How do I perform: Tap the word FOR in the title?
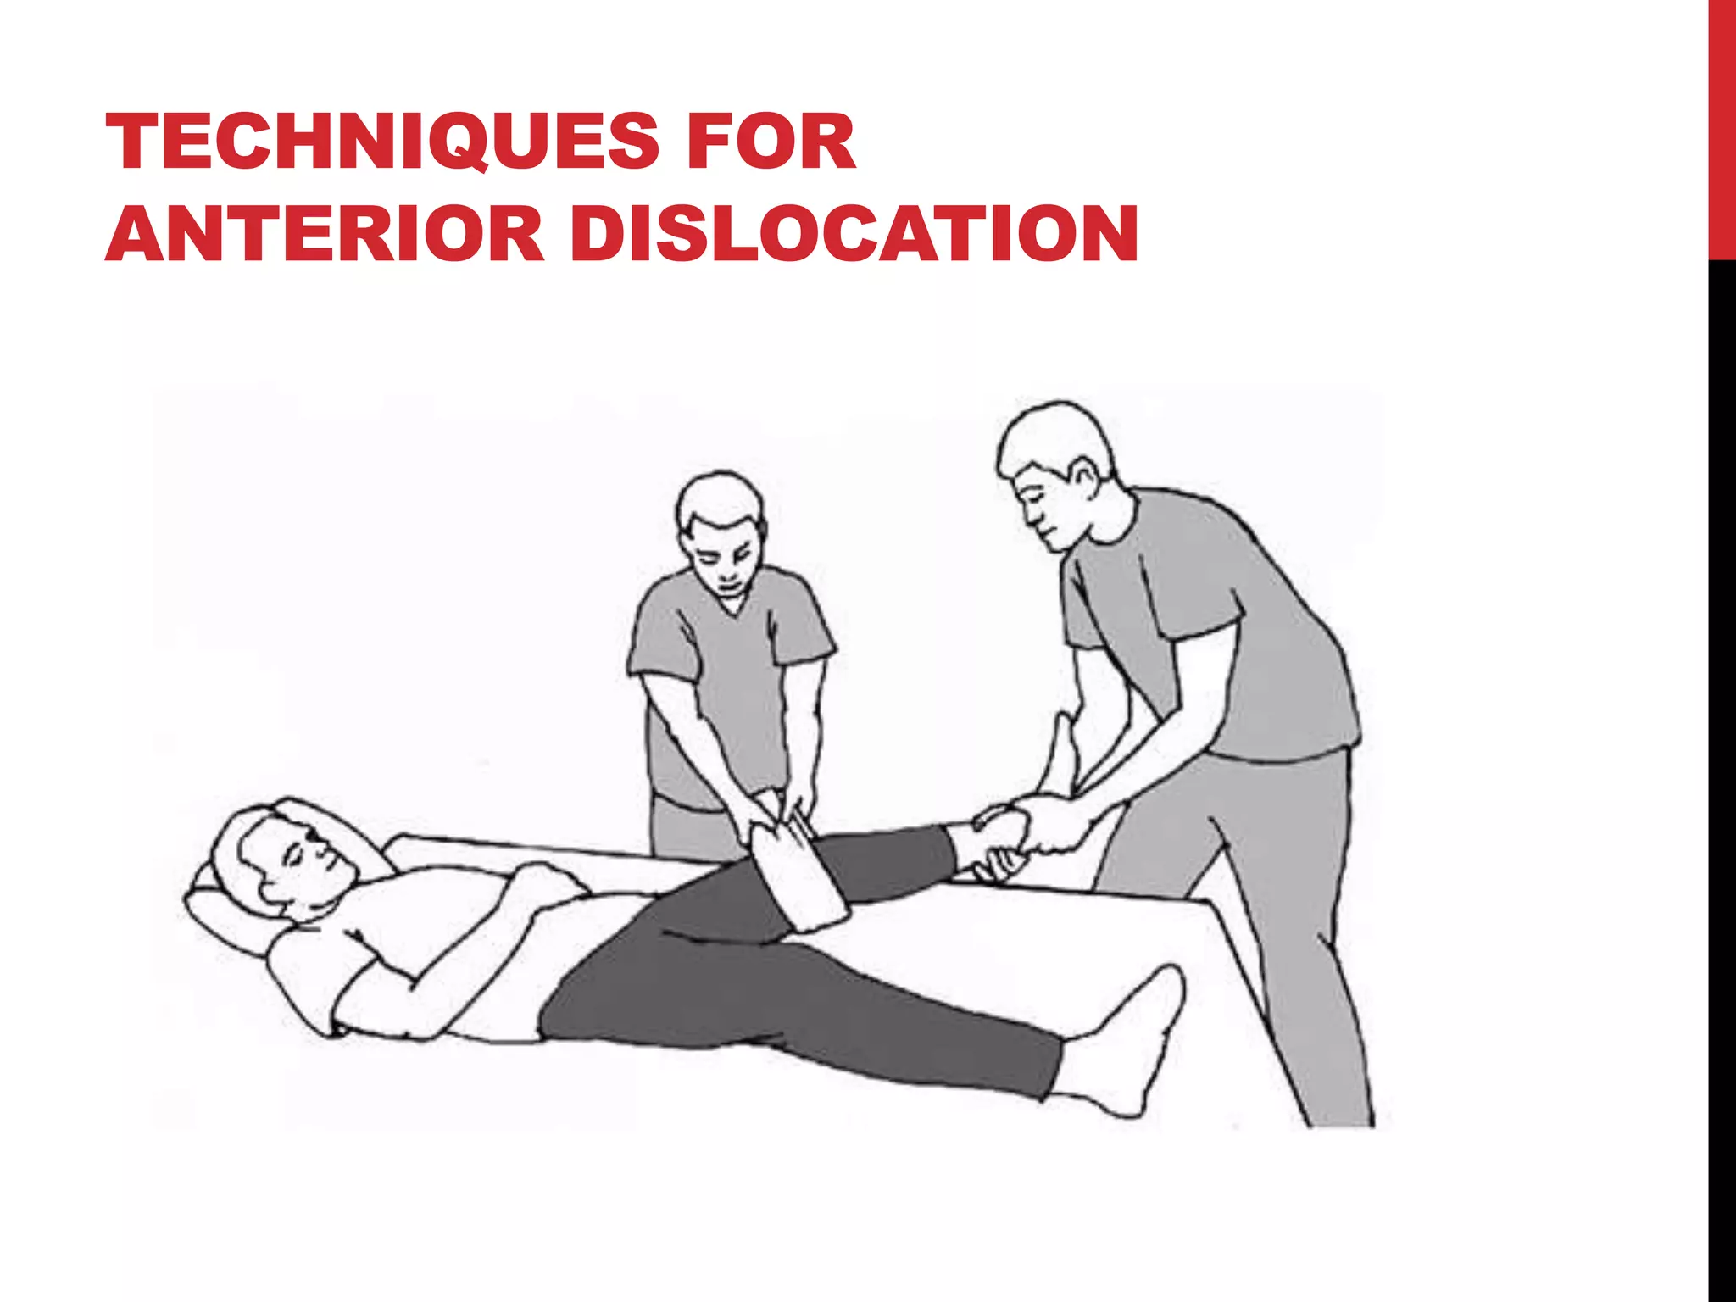(x=771, y=142)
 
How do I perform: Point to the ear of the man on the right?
(x=1083, y=476)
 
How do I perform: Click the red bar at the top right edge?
(x=1722, y=127)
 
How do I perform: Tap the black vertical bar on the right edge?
(x=1722, y=763)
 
